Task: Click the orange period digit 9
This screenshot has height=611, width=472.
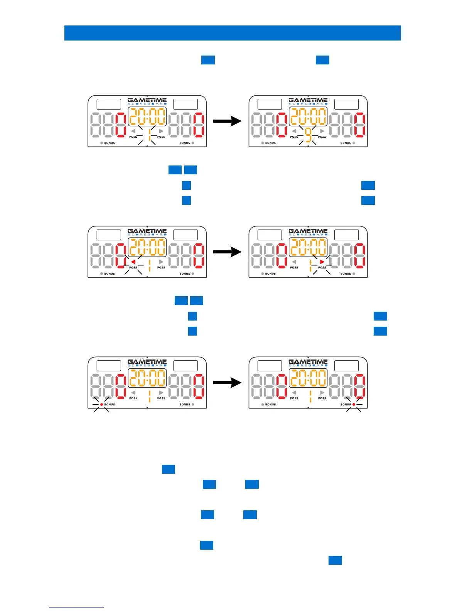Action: pyautogui.click(x=308, y=135)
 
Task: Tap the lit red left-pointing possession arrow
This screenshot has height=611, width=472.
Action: pyautogui.click(x=133, y=262)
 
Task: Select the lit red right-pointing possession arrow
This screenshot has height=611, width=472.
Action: pyautogui.click(x=322, y=262)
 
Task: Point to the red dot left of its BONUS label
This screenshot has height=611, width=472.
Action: pyautogui.click(x=101, y=404)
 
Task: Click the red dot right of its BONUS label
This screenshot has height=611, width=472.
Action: pyautogui.click(x=354, y=404)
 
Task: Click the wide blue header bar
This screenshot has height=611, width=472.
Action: pyautogui.click(x=233, y=33)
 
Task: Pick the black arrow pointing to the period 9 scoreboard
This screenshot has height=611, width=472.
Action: pyautogui.click(x=227, y=121)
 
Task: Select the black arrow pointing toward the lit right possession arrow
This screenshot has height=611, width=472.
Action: pyautogui.click(x=227, y=252)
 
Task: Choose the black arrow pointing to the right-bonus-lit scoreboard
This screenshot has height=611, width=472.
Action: pyautogui.click(x=227, y=383)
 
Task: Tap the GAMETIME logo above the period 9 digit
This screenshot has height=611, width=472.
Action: pyautogui.click(x=308, y=101)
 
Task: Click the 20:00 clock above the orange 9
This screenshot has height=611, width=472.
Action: pyautogui.click(x=308, y=116)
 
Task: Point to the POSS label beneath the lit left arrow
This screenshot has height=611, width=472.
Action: pyautogui.click(x=133, y=267)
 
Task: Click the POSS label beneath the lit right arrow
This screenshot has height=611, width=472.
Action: pyautogui.click(x=322, y=267)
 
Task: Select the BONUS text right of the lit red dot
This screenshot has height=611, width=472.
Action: pyautogui.click(x=110, y=405)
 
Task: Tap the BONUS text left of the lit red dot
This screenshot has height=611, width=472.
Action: pyautogui.click(x=346, y=405)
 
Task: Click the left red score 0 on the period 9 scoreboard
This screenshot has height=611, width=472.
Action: pyautogui.click(x=282, y=125)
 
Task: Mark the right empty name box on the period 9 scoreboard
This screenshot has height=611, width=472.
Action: pyautogui.click(x=346, y=104)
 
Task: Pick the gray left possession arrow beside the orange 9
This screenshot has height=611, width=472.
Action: pyautogui.click(x=294, y=131)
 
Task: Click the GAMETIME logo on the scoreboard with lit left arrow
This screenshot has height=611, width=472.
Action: pyautogui.click(x=147, y=232)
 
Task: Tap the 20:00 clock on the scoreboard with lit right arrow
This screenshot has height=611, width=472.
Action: pyautogui.click(x=308, y=247)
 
